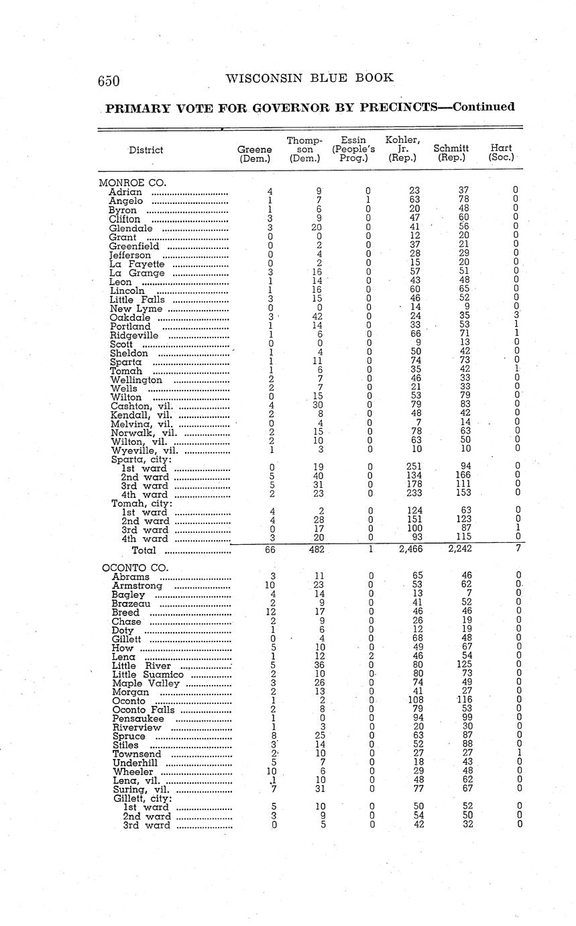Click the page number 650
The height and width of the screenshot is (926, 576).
(109, 81)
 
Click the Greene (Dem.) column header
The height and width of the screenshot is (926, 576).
(255, 154)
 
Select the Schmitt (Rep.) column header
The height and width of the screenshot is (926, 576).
(451, 153)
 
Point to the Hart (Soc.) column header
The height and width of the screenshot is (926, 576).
(501, 152)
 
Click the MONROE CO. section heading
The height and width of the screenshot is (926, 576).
(132, 183)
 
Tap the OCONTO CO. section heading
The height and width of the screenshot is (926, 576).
(134, 567)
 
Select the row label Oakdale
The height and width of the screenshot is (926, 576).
(129, 317)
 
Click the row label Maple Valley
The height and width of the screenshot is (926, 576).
(146, 683)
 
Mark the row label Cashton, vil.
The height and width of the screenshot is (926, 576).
(141, 406)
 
